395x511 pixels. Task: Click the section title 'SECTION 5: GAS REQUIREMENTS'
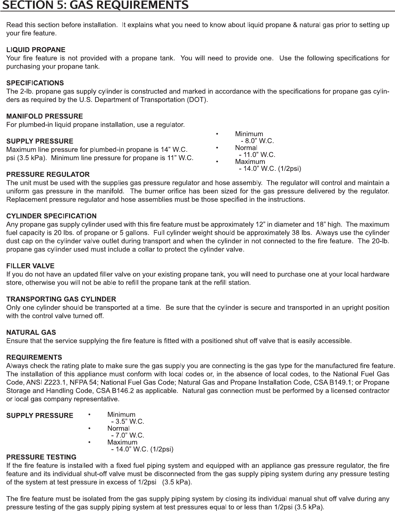[x=94, y=5]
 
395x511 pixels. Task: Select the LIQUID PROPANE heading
[x=36, y=50]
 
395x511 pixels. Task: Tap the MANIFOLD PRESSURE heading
[x=44, y=116]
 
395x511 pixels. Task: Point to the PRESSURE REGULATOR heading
[x=48, y=175]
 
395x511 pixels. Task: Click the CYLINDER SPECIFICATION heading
[x=51, y=216]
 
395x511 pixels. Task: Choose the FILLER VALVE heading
[x=30, y=266]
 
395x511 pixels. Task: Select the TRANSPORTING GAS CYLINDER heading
[x=61, y=299]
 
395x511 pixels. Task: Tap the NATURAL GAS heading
[x=31, y=333]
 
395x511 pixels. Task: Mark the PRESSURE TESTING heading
[x=41, y=457]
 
